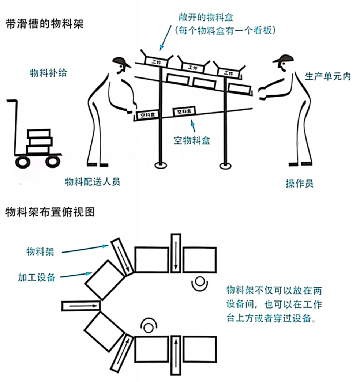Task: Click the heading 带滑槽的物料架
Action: [x=45, y=24]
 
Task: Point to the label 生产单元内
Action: [x=327, y=76]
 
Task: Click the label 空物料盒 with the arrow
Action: [x=192, y=140]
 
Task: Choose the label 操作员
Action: [x=299, y=183]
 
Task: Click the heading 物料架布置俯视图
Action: [x=50, y=212]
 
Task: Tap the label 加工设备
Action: [x=37, y=277]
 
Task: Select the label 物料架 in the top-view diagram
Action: [x=40, y=251]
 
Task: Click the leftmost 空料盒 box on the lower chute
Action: [x=145, y=115]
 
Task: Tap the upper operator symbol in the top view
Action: [x=199, y=282]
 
